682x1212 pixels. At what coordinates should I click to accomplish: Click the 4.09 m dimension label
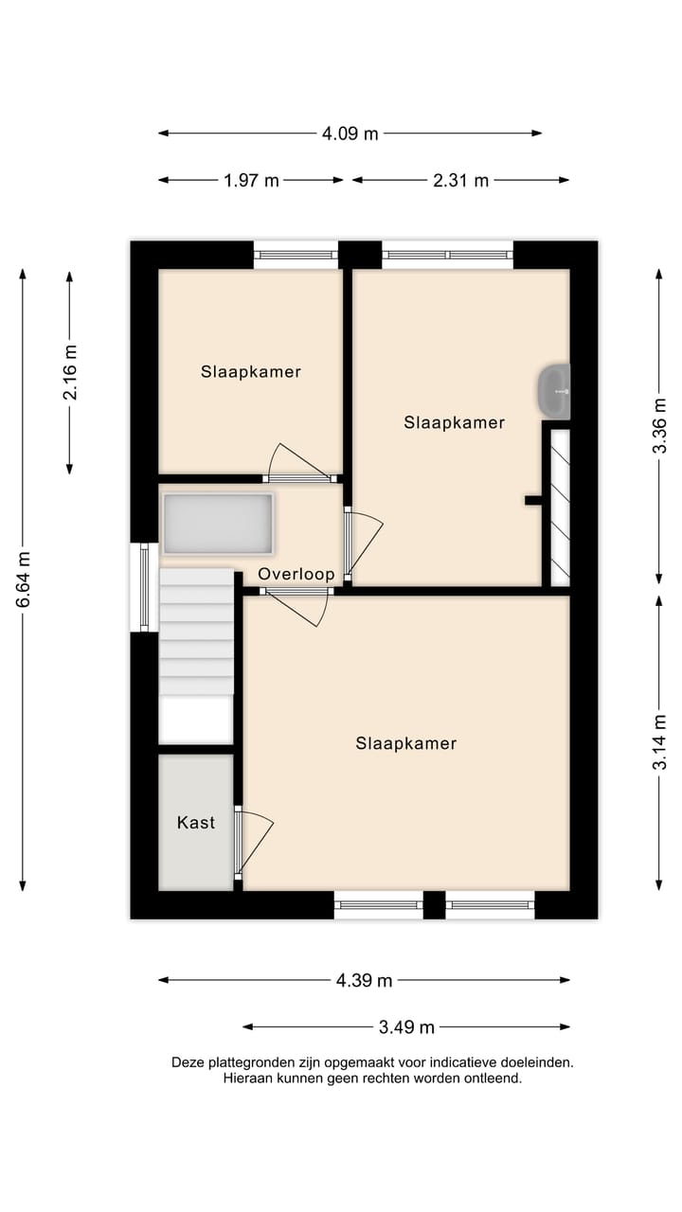(350, 134)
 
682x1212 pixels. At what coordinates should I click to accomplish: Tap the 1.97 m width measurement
(251, 180)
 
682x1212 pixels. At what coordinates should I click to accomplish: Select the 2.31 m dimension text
(460, 180)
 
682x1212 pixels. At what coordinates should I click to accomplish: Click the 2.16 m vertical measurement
(70, 372)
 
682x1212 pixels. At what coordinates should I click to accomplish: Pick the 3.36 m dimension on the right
(659, 425)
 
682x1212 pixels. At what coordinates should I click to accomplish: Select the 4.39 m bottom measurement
(364, 980)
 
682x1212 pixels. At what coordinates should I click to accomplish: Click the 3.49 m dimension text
(406, 1027)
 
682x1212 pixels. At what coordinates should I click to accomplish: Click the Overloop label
(296, 574)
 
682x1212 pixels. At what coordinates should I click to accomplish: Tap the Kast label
(196, 823)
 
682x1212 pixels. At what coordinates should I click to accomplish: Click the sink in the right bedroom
(555, 391)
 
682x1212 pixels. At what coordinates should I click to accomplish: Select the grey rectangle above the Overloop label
(219, 524)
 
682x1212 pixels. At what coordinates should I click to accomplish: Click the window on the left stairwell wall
(144, 587)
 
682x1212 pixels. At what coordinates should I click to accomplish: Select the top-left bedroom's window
(296, 254)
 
